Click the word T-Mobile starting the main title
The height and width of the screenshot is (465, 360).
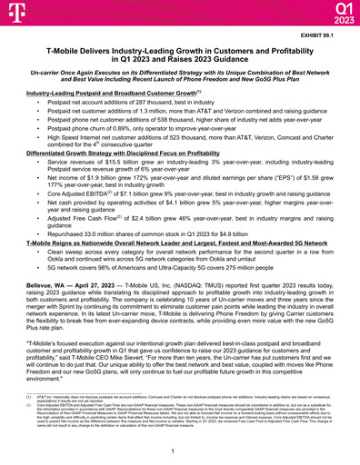(67, 53)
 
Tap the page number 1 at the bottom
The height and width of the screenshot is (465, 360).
(179, 451)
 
